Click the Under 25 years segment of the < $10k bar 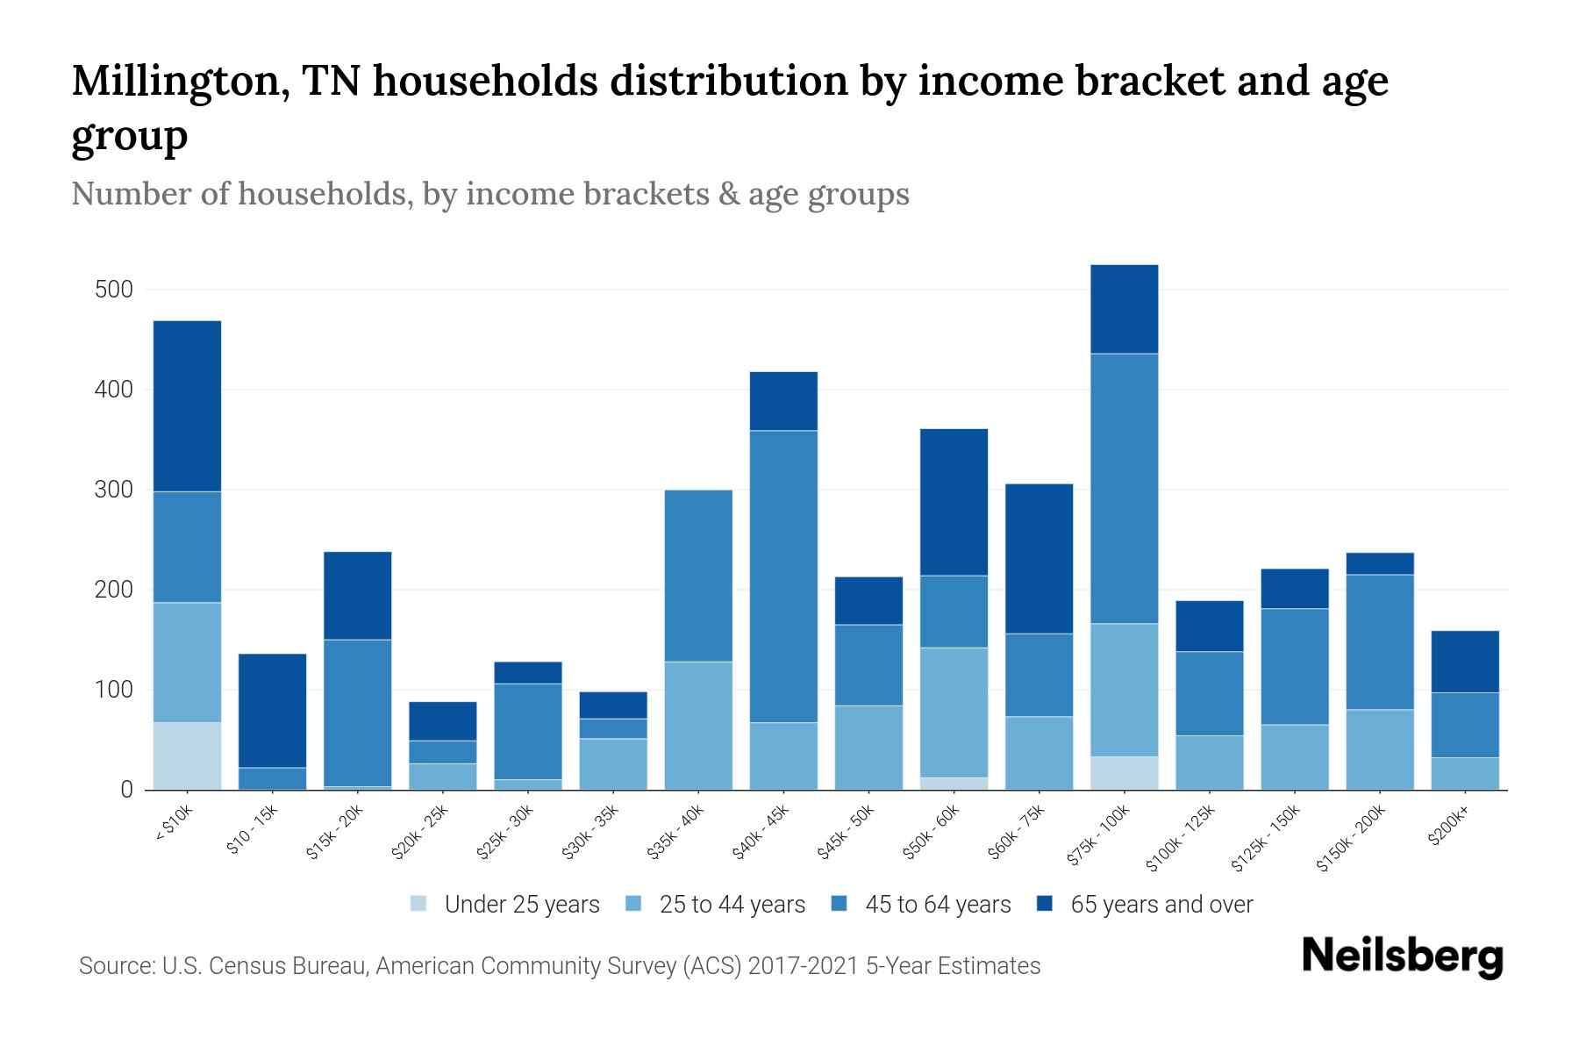187,756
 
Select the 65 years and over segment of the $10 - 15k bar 272,710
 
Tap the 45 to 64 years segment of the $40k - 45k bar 783,576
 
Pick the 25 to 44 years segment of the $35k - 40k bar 698,725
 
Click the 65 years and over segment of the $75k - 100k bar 1125,309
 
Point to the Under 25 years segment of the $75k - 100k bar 1125,772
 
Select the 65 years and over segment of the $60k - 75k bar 1039,558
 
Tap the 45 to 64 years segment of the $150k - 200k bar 1380,641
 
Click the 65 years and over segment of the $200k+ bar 1465,662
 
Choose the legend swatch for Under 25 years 419,904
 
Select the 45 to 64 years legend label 938,905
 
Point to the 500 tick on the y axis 113,290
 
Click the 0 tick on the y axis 126,790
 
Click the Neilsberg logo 1402,956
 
